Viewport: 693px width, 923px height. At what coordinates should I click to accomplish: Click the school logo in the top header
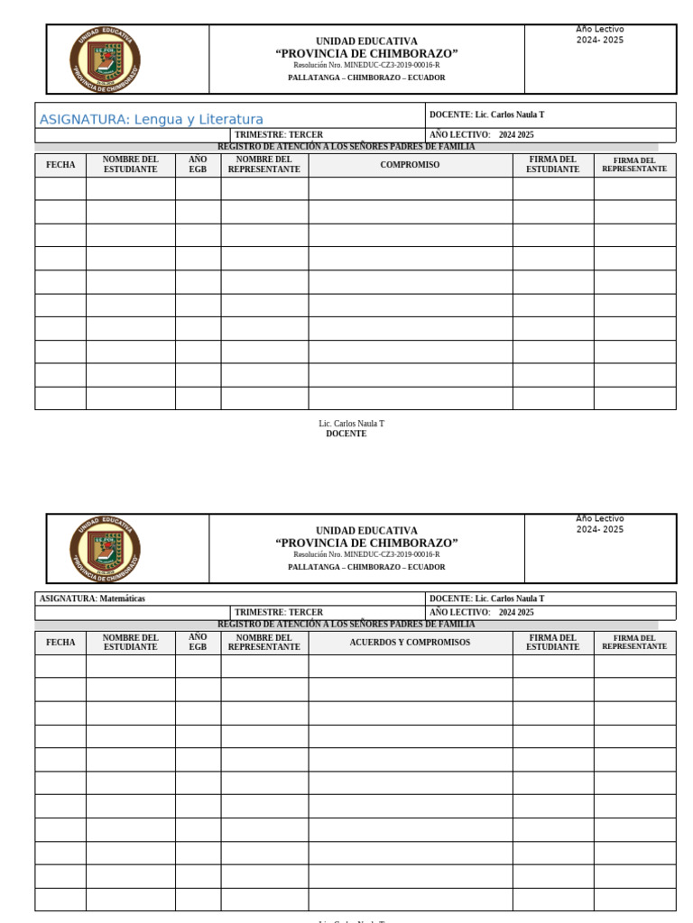pyautogui.click(x=105, y=59)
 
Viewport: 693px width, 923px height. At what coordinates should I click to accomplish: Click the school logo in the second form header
pyautogui.click(x=105, y=549)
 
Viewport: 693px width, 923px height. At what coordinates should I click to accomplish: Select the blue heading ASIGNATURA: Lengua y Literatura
pyautogui.click(x=152, y=119)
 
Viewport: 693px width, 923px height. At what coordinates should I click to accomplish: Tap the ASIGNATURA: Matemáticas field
pyautogui.click(x=93, y=599)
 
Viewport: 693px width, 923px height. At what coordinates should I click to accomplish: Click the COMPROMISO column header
pyautogui.click(x=410, y=165)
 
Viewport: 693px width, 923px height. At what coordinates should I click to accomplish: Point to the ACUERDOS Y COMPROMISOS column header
pyautogui.click(x=410, y=643)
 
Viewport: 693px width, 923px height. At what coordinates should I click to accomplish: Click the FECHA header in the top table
pyautogui.click(x=60, y=165)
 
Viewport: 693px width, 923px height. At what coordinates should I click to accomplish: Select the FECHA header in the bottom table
pyautogui.click(x=60, y=643)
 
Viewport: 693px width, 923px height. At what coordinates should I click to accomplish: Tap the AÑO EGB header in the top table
pyautogui.click(x=198, y=164)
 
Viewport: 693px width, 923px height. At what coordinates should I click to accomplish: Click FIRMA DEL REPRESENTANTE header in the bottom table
pyautogui.click(x=634, y=643)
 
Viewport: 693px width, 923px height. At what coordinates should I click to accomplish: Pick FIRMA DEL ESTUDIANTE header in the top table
pyautogui.click(x=552, y=164)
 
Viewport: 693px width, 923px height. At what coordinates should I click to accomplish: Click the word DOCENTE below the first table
pyautogui.click(x=346, y=434)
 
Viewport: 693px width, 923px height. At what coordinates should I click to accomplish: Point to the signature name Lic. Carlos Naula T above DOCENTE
pyautogui.click(x=351, y=424)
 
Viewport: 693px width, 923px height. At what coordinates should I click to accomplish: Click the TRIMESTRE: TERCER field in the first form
pyautogui.click(x=279, y=134)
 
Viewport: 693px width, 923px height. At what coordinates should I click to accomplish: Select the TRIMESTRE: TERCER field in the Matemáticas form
pyautogui.click(x=279, y=612)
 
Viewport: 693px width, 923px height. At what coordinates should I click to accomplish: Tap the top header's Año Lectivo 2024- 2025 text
pyautogui.click(x=600, y=35)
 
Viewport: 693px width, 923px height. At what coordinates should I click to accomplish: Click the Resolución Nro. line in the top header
pyautogui.click(x=366, y=65)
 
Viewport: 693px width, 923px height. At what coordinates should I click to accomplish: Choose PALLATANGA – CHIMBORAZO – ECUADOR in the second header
pyautogui.click(x=366, y=567)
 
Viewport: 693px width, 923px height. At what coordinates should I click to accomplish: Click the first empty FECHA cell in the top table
pyautogui.click(x=60, y=188)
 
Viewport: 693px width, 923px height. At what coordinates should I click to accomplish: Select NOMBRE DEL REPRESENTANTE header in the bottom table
pyautogui.click(x=263, y=643)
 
